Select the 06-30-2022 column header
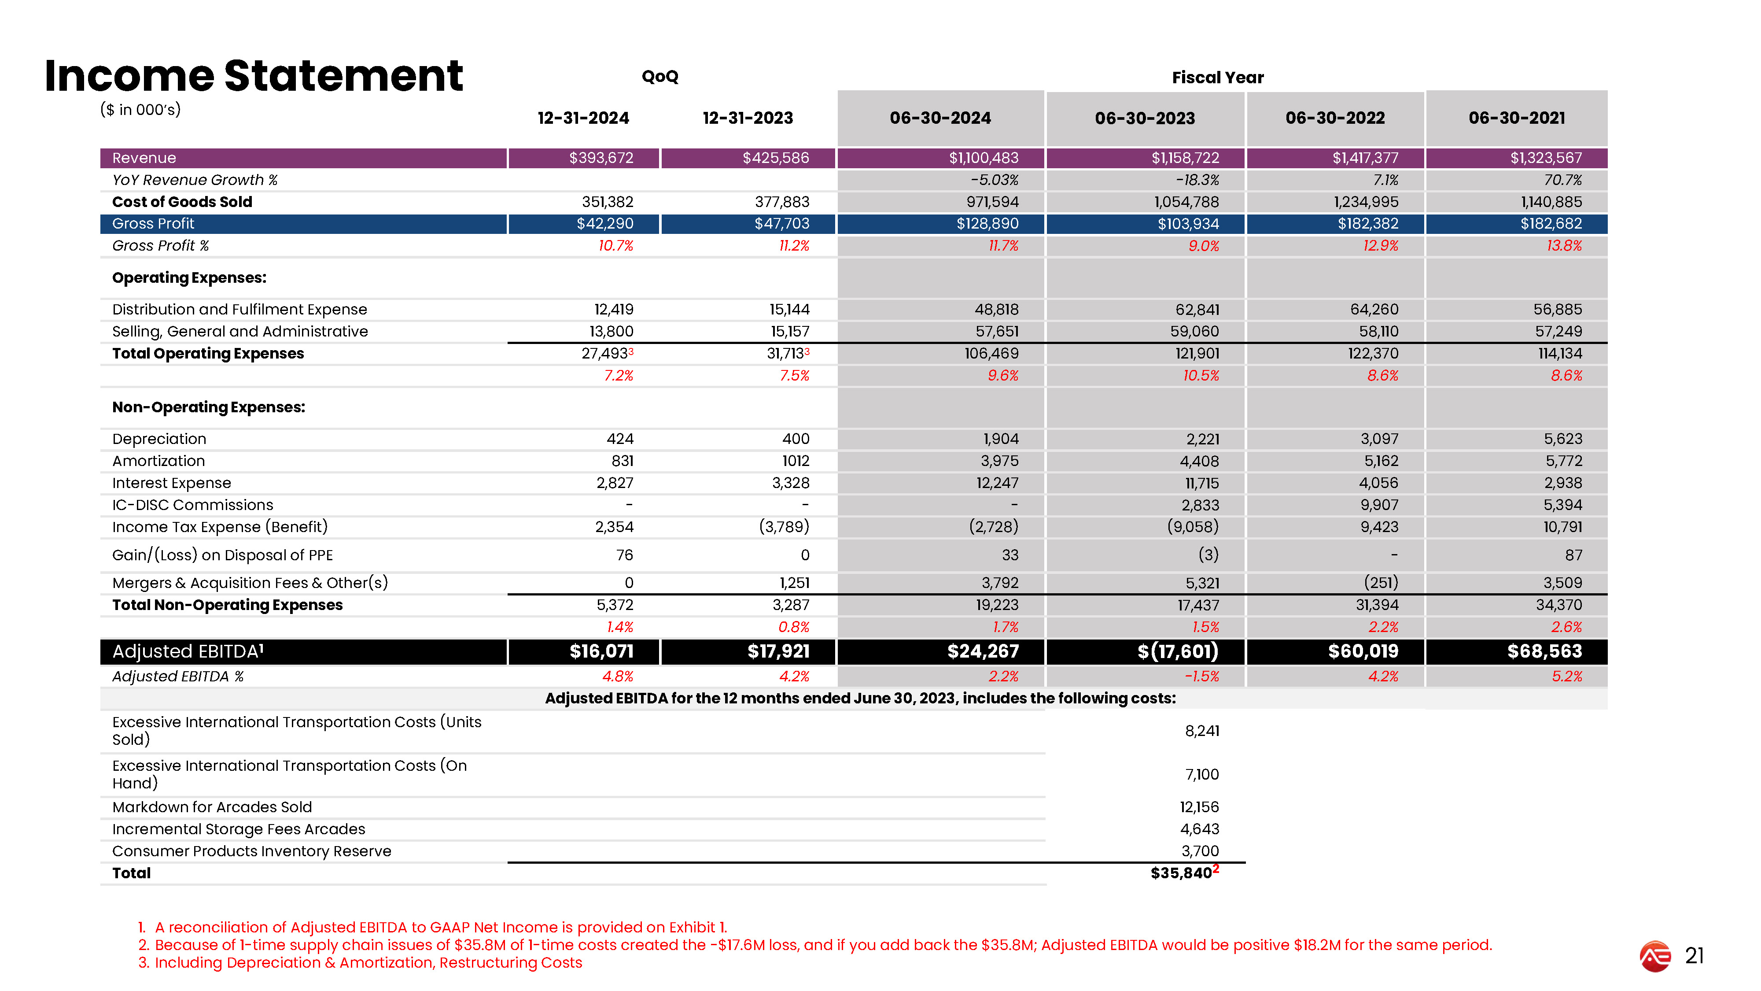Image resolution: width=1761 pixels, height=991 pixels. click(1334, 118)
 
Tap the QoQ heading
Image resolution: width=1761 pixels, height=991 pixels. click(659, 77)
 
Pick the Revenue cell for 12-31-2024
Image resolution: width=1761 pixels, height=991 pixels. click(601, 158)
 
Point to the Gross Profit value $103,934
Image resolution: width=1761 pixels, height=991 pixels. click(1188, 224)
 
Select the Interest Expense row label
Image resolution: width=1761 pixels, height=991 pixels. click(172, 483)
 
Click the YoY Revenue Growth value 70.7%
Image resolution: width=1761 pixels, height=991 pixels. click(1563, 180)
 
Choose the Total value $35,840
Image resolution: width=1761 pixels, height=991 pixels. click(1181, 873)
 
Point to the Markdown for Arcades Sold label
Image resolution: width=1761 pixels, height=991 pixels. click(212, 807)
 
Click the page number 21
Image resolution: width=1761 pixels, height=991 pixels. click(1694, 955)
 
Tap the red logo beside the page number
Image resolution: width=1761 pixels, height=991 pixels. click(1655, 956)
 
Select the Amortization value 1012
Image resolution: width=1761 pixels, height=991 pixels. click(796, 461)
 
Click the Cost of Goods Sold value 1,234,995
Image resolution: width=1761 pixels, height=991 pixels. click(1365, 202)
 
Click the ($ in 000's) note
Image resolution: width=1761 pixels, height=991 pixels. click(140, 109)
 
